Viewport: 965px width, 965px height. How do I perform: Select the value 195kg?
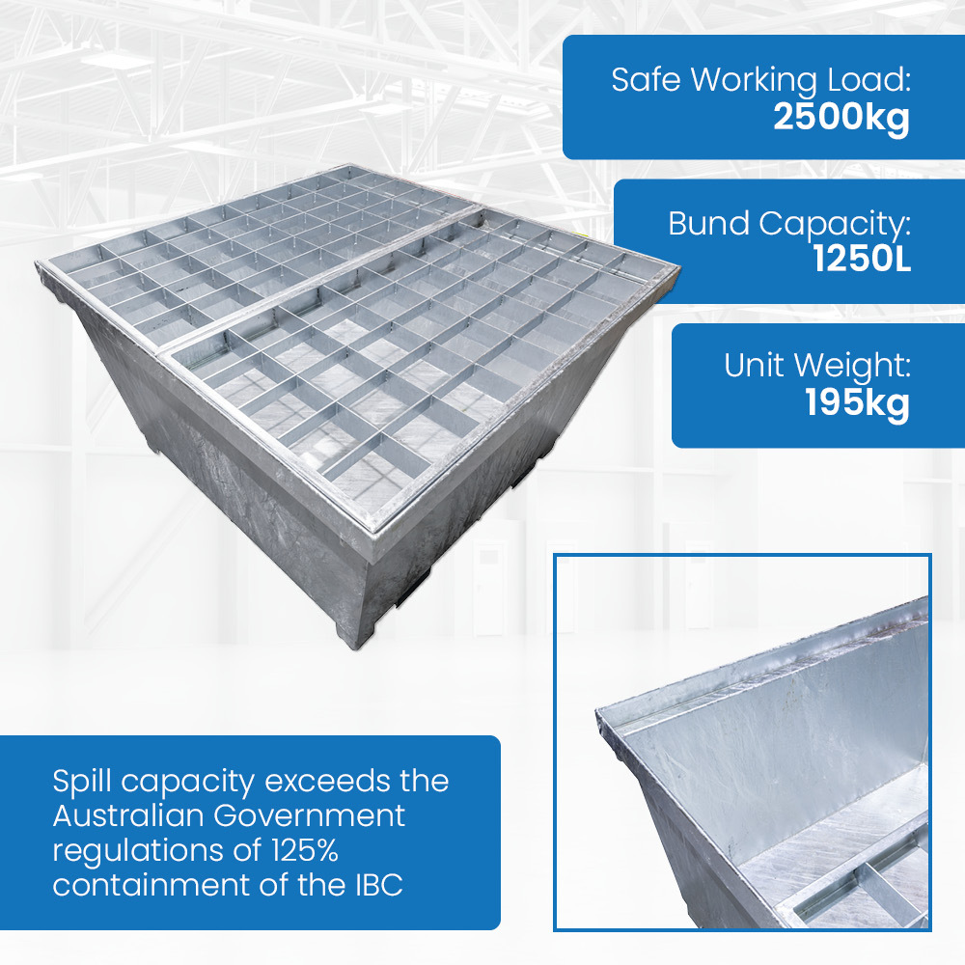[857, 404]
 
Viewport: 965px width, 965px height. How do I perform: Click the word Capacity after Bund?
[835, 226]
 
